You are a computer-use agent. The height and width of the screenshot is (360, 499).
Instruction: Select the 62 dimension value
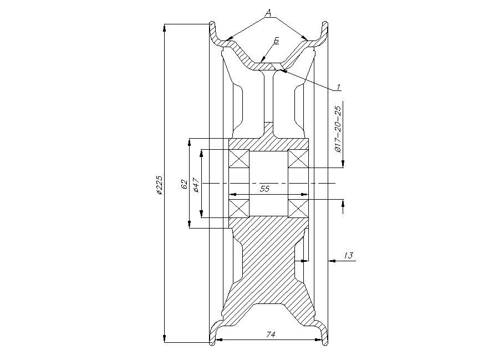coord(184,184)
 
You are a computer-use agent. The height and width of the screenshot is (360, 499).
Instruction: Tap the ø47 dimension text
coord(196,185)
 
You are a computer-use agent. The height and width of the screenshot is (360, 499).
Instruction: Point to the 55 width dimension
coord(265,189)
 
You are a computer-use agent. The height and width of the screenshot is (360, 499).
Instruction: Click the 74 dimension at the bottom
coord(271,334)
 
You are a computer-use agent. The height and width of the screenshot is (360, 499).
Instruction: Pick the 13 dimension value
coord(349,255)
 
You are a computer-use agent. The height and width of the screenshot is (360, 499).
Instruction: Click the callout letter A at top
coord(268,13)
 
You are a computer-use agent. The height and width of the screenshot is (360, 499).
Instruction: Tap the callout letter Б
coord(276,40)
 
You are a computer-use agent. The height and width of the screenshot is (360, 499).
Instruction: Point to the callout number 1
coord(339,87)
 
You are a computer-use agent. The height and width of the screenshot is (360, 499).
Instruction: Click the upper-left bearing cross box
coord(240,158)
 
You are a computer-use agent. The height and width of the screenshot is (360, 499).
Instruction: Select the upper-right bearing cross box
coord(298,158)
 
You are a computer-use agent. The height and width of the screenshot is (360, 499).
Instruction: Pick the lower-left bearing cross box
coord(240,209)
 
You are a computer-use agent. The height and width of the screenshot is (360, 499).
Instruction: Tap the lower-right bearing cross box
coord(298,209)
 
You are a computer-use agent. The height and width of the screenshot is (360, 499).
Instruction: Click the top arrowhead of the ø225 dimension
coord(164,27)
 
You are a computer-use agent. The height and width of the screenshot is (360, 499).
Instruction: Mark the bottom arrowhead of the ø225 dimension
coord(164,339)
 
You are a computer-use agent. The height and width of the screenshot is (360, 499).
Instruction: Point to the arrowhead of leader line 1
coord(282,70)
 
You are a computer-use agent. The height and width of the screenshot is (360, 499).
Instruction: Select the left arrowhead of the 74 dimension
coord(219,339)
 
